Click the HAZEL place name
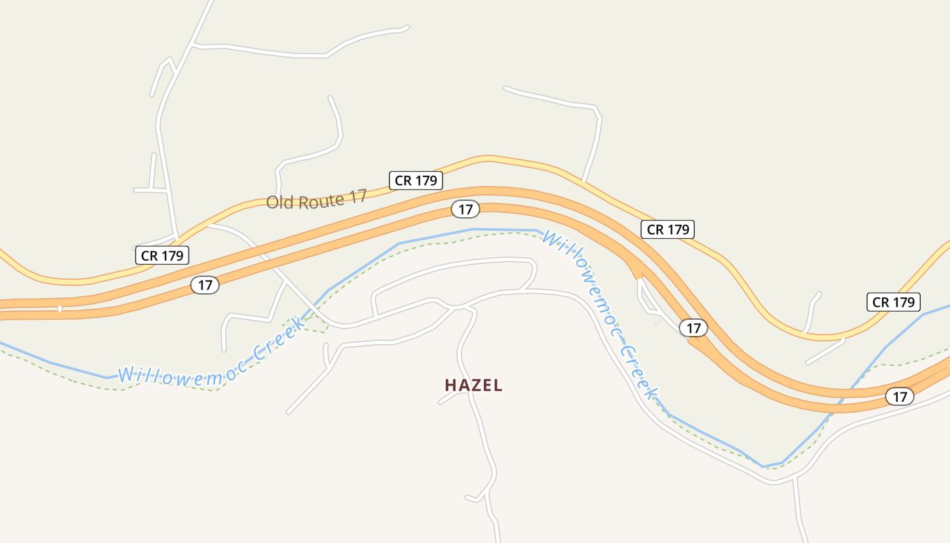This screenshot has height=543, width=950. [x=474, y=386]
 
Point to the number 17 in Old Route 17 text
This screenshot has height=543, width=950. [x=358, y=196]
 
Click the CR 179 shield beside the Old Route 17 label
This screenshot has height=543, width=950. [x=415, y=180]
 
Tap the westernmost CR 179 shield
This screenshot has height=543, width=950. [x=161, y=255]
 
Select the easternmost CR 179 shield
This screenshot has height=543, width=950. [x=894, y=302]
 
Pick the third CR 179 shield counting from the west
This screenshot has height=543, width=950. [x=668, y=229]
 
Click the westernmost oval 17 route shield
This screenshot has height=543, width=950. [x=205, y=285]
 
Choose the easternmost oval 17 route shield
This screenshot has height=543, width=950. [x=899, y=396]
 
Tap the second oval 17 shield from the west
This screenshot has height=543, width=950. [x=465, y=209]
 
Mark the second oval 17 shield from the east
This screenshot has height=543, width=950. [x=693, y=328]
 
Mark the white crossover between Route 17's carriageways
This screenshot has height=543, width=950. [x=60, y=309]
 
